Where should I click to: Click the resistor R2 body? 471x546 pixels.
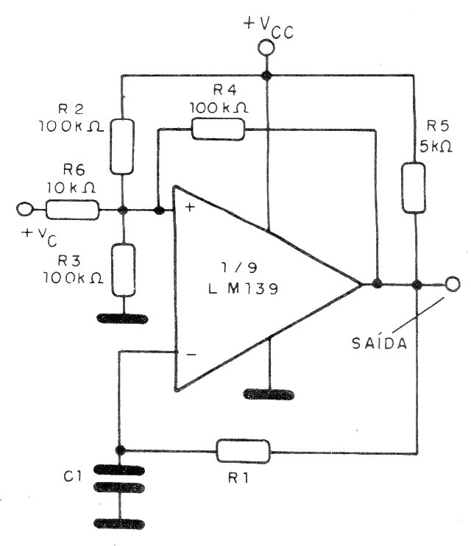click(122, 146)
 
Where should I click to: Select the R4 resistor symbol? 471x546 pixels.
click(218, 130)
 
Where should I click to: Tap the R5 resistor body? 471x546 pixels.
click(414, 188)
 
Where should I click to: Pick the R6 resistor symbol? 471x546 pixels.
click(72, 210)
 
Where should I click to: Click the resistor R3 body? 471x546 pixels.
click(124, 270)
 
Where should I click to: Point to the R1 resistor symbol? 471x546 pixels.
click(243, 452)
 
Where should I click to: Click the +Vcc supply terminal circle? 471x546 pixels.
click(266, 49)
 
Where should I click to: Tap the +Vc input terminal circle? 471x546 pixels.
click(24, 209)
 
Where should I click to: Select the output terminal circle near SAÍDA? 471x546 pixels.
click(453, 284)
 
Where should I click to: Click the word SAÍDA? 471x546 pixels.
click(380, 344)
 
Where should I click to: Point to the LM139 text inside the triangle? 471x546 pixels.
click(244, 288)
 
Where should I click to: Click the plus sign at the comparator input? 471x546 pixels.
click(190, 208)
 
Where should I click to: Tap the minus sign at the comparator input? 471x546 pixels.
click(191, 355)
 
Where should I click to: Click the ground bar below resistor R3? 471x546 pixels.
click(122, 319)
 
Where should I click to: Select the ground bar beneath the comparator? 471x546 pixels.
click(269, 394)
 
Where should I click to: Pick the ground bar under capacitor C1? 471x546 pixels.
click(119, 524)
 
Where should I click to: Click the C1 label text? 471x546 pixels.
click(72, 476)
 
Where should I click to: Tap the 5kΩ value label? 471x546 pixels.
click(436, 147)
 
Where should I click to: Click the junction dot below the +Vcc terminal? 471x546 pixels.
click(266, 75)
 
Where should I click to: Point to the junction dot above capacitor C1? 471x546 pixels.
click(120, 450)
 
